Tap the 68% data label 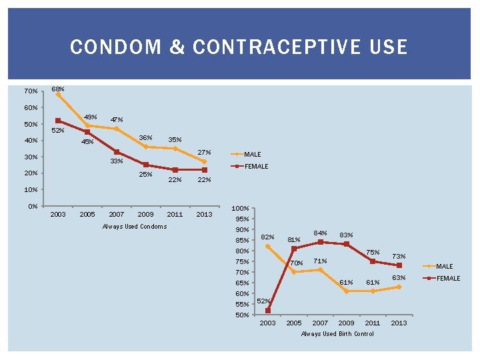tap(58, 89)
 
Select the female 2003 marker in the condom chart tap(58, 121)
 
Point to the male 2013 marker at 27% tap(204, 161)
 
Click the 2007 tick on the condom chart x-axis tap(117, 215)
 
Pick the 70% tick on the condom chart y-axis tap(31, 91)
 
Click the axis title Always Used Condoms tap(135, 227)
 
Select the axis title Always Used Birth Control tap(337, 333)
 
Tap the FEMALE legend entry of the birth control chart tap(448, 278)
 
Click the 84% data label tap(321, 233)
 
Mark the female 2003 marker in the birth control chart tap(267, 311)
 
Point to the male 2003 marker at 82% tap(267, 246)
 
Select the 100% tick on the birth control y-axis tap(240, 209)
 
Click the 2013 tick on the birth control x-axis tap(399, 323)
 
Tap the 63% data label tap(399, 277)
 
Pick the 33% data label tap(117, 161)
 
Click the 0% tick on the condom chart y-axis tap(33, 206)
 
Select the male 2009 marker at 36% tap(145, 147)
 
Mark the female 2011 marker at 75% tap(373, 261)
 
